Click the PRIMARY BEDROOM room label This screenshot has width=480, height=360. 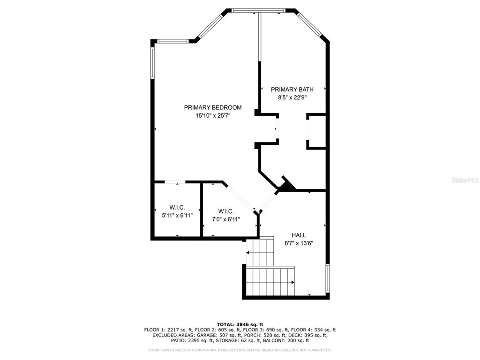coord(213,107)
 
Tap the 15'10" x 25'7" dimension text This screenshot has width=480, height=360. coord(213,116)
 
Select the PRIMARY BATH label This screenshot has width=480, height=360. coord(292,90)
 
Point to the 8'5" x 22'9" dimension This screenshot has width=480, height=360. coord(292,97)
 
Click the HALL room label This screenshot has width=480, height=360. coord(299,235)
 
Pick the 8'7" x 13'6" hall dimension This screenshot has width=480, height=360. coord(299,243)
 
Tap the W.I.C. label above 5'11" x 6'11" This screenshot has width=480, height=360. coord(177,208)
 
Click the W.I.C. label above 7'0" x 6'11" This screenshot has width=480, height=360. coord(226,211)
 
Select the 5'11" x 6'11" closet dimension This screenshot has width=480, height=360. coord(177,216)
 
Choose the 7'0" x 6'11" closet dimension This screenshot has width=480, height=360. coord(226,219)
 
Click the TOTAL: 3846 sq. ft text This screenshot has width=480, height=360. coord(240,324)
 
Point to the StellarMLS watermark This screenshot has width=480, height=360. coord(465,180)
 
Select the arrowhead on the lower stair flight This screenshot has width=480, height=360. coord(293,282)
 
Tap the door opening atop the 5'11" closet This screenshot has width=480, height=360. coord(175,182)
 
